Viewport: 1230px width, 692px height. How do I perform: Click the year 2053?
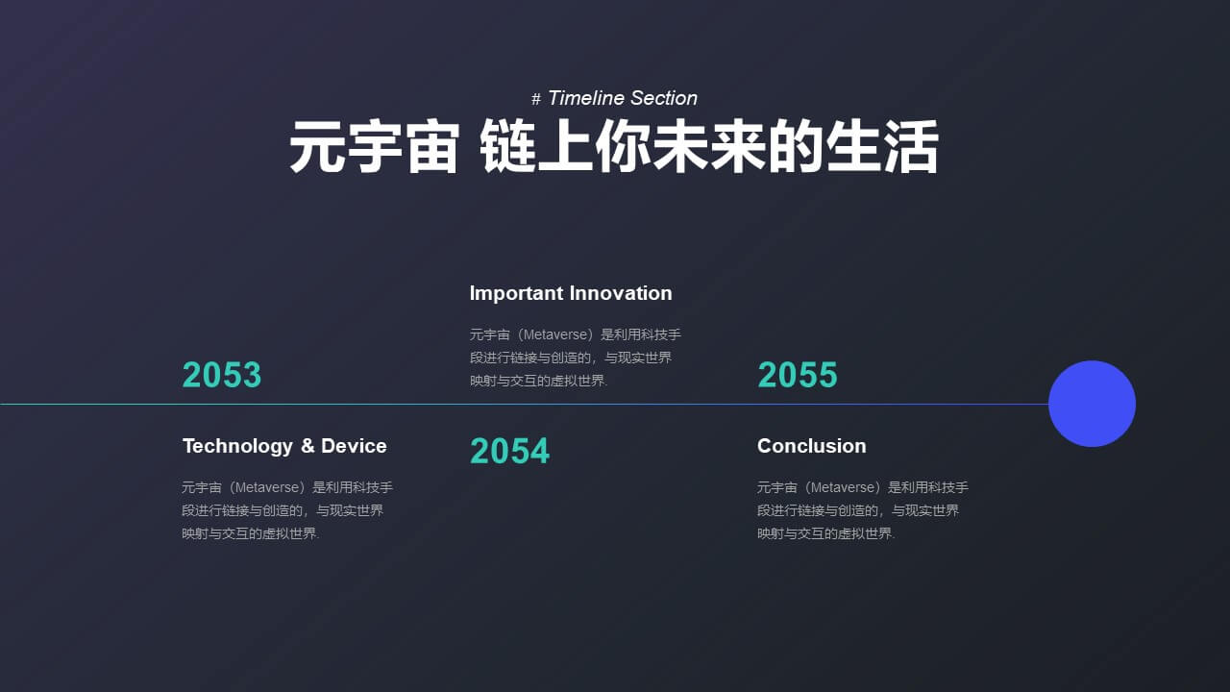pos(222,375)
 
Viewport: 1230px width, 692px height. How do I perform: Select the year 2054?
pos(509,451)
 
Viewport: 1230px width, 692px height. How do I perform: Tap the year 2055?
pos(798,375)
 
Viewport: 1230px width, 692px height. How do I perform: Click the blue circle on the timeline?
pos(1093,404)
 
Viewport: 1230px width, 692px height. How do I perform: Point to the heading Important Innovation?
pos(571,293)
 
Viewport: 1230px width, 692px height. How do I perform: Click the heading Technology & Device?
pos(284,446)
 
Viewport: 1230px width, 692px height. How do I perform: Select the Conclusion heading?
pos(812,446)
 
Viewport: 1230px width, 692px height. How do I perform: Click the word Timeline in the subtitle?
pos(586,98)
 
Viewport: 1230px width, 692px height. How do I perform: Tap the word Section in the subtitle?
pos(664,98)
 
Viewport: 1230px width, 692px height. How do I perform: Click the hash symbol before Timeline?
pos(536,99)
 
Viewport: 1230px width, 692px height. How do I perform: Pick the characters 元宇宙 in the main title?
pos(374,147)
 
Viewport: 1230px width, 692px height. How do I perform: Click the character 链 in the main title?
pos(507,147)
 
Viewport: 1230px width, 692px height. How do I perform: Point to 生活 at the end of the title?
pos(882,147)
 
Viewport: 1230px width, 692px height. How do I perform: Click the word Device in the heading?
pos(354,446)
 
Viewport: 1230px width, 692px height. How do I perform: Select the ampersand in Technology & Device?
pos(307,446)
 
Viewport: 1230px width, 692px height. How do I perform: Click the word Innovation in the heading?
pos(621,293)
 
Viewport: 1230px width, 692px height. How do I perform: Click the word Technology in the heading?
pos(237,447)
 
